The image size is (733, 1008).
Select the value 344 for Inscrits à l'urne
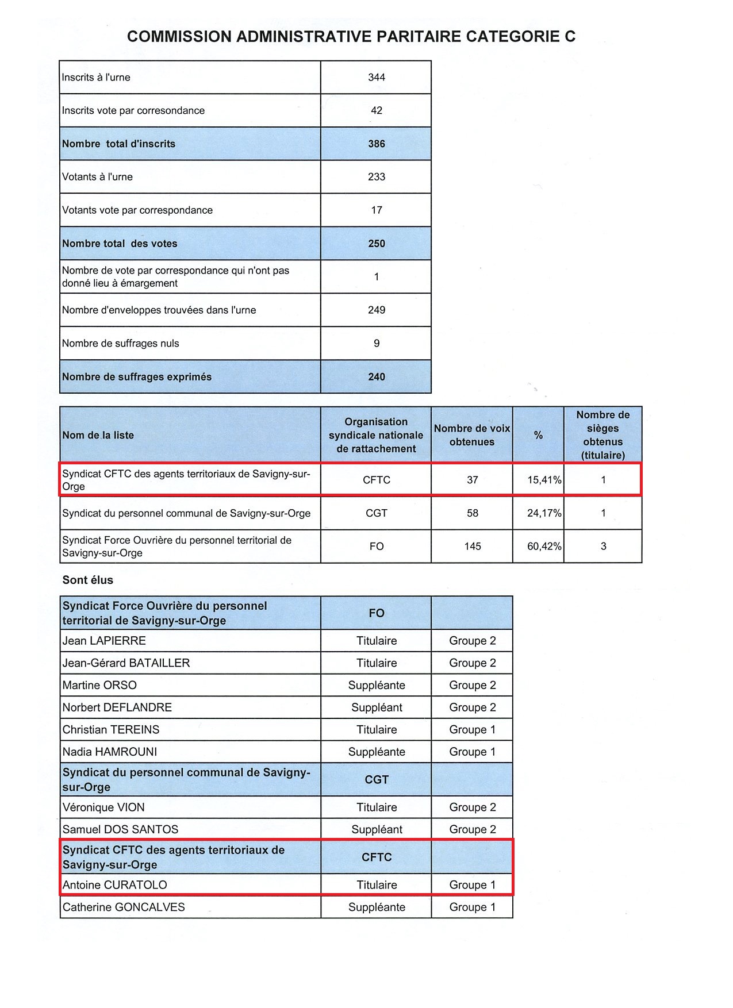(377, 78)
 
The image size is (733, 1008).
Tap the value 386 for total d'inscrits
(377, 144)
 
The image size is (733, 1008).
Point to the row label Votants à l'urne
(97, 177)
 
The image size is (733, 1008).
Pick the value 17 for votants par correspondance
(377, 210)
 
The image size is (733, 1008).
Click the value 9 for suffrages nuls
(377, 344)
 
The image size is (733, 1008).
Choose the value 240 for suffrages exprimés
(377, 377)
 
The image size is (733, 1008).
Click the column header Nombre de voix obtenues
(472, 435)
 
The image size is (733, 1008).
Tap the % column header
(538, 436)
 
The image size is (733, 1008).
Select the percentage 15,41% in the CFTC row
(544, 480)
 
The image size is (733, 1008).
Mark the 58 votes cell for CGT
(473, 513)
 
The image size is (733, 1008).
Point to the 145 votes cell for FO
(473, 547)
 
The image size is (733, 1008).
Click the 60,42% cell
(544, 547)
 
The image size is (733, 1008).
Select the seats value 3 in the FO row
(603, 547)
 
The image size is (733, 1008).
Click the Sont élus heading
(88, 580)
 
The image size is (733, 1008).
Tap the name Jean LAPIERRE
(104, 641)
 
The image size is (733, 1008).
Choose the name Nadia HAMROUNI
(110, 752)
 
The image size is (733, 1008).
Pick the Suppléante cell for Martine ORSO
(377, 686)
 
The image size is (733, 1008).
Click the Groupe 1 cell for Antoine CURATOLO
(472, 885)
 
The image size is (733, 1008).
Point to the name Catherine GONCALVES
(124, 907)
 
